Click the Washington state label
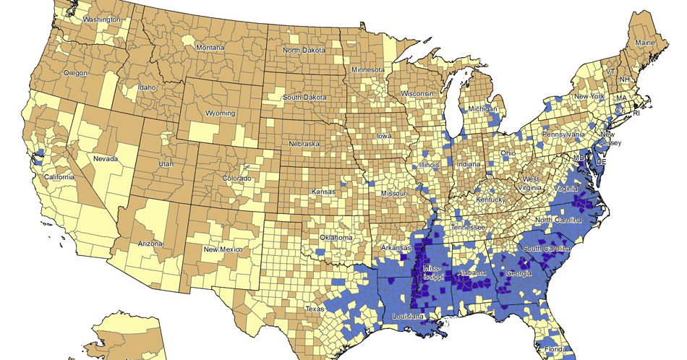tap(102, 20)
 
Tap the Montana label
tap(210, 48)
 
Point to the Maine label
tap(645, 43)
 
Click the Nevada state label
tap(106, 158)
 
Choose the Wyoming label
tap(221, 113)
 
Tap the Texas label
tap(315, 309)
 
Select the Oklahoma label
tap(336, 238)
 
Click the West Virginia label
tap(532, 184)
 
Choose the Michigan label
tap(484, 108)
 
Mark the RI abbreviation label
tap(636, 114)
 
